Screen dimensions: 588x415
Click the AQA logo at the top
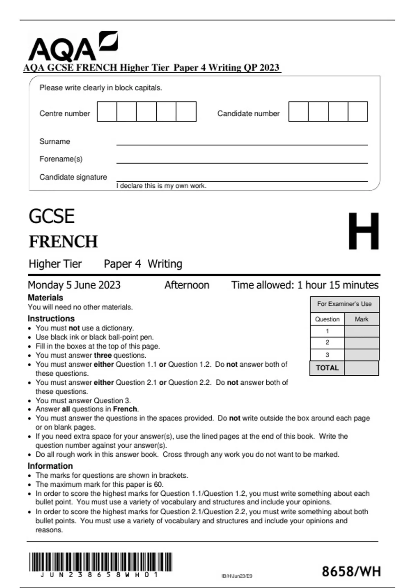[x=73, y=47]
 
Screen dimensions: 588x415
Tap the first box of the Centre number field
[x=107, y=111]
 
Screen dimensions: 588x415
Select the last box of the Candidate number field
[x=358, y=111]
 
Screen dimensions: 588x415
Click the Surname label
[x=55, y=141]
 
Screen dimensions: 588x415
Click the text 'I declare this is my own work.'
[x=161, y=186]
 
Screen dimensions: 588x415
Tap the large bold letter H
[x=363, y=231]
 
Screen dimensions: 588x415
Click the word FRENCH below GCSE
[x=63, y=241]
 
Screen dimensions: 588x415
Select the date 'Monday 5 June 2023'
[x=74, y=285]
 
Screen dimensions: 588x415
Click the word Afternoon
[x=187, y=285]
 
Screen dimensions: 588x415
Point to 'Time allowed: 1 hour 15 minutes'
[x=305, y=285]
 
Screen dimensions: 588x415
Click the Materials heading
[x=45, y=298]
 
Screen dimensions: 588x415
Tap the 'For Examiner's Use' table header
[x=344, y=304]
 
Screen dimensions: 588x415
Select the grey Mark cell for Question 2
[x=362, y=343]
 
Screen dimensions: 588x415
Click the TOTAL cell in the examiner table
[x=327, y=368]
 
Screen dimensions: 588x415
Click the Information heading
[x=50, y=466]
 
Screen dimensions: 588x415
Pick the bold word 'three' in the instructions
[x=103, y=355]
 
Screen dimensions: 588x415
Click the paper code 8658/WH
[x=351, y=571]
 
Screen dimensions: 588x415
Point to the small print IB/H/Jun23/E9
[x=237, y=576]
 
